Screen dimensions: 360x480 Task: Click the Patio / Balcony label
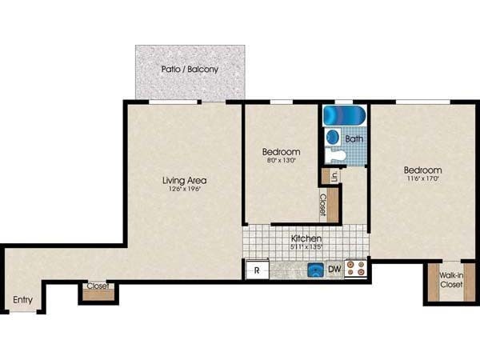point(190,70)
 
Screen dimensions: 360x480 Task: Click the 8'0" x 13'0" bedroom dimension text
point(281,161)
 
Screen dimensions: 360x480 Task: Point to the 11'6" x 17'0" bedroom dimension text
point(422,181)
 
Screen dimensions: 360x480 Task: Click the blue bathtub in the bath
point(344,116)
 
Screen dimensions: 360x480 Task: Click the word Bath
point(354,138)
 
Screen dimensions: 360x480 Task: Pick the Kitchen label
point(306,238)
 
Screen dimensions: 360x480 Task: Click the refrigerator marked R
point(257,270)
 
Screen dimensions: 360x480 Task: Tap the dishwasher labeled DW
point(334,270)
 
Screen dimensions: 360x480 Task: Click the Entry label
point(22,300)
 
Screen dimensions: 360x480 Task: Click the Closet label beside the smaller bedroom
point(322,205)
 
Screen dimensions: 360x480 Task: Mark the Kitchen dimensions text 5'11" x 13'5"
point(306,247)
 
